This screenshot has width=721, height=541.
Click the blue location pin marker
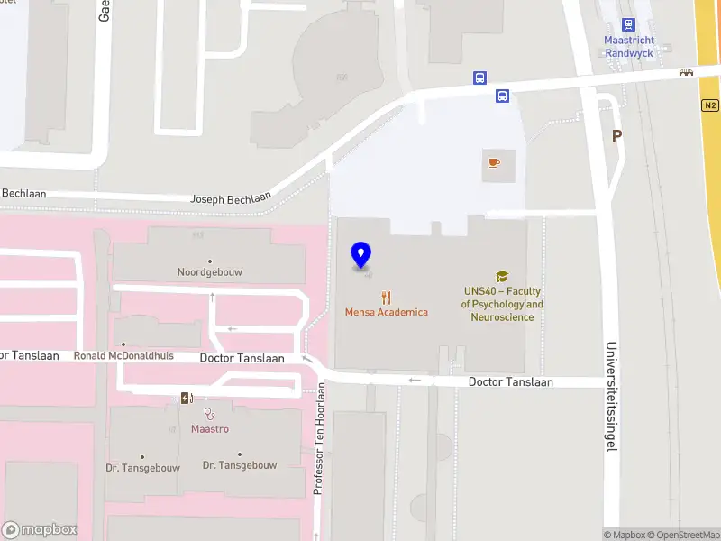pyautogui.click(x=361, y=255)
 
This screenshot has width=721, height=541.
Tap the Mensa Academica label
pyautogui.click(x=387, y=312)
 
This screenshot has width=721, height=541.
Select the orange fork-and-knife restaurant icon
pyautogui.click(x=387, y=297)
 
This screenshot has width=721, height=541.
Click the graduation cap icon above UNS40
pyautogui.click(x=502, y=277)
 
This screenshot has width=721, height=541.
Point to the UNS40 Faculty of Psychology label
pyautogui.click(x=502, y=304)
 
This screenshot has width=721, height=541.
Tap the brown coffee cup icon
pyautogui.click(x=493, y=162)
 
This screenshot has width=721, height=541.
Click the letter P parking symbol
pyautogui.click(x=617, y=136)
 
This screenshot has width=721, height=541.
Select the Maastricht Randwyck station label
pyautogui.click(x=629, y=47)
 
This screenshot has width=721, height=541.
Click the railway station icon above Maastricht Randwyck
pyautogui.click(x=629, y=25)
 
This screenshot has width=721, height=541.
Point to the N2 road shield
pyautogui.click(x=709, y=105)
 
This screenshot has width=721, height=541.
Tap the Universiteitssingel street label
pyautogui.click(x=611, y=408)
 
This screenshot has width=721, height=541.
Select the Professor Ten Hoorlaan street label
pyautogui.click(x=318, y=439)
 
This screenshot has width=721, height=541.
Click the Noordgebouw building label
pyautogui.click(x=210, y=271)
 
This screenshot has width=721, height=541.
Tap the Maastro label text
pyautogui.click(x=210, y=429)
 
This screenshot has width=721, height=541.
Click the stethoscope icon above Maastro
pyautogui.click(x=210, y=414)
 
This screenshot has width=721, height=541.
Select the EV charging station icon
pyautogui.click(x=187, y=399)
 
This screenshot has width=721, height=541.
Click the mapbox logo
pyautogui.click(x=39, y=530)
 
